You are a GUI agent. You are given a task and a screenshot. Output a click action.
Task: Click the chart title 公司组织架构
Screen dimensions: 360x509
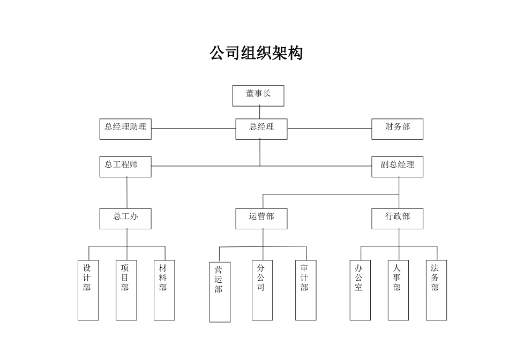[256, 53]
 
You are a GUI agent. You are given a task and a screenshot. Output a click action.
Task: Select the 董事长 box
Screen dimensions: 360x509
[258, 95]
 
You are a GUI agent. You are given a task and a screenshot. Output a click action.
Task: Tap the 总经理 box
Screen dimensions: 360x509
[261, 129]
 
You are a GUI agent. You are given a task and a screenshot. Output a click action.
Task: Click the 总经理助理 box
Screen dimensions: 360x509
[125, 129]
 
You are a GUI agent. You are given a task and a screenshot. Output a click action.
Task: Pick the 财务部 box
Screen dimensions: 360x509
[397, 129]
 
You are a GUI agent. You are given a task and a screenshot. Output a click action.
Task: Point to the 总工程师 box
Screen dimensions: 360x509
[125, 166]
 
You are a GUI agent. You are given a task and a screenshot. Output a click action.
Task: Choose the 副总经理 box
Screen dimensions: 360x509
[397, 166]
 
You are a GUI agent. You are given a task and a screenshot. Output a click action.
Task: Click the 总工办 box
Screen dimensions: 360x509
[125, 219]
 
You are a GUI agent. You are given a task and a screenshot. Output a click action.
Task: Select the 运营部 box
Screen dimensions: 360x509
[261, 219]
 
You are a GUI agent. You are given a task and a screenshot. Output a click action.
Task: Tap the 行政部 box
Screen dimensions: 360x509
[397, 219]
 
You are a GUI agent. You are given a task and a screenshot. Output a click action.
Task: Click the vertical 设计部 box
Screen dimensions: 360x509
[88, 290]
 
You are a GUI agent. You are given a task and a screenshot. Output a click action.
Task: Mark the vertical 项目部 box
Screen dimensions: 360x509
[126, 290]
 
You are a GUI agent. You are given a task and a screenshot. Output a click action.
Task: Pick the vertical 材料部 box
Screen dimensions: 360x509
[164, 290]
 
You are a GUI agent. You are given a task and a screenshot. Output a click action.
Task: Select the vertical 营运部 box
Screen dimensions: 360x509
[220, 292]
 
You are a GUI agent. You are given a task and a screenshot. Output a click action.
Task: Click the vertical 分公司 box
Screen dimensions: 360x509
[263, 290]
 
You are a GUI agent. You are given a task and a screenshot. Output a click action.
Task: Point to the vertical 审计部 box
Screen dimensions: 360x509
[305, 290]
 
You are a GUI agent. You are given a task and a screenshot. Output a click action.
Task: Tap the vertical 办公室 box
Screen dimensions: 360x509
[360, 290]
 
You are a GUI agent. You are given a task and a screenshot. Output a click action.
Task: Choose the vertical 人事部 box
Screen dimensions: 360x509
[398, 290]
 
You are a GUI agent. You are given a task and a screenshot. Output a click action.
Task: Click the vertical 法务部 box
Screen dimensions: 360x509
[436, 290]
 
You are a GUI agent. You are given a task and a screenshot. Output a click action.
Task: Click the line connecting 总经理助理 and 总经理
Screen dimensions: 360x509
[193, 129]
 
